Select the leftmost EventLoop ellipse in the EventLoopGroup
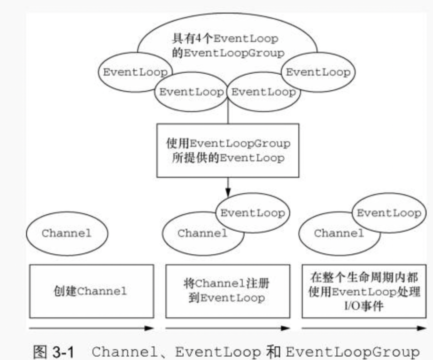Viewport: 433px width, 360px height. [x=135, y=72]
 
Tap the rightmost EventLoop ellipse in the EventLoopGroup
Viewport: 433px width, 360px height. [x=318, y=72]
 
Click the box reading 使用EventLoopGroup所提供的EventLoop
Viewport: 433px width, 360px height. [x=228, y=150]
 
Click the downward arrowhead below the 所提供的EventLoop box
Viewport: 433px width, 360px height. [x=228, y=192]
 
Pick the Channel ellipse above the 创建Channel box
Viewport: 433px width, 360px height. [x=66, y=233]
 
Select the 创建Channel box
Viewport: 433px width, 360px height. [x=91, y=291]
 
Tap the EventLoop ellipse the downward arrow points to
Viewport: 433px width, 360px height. [x=253, y=212]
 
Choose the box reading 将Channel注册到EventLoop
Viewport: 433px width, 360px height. [x=228, y=291]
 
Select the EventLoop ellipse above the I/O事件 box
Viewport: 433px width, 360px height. [x=388, y=213]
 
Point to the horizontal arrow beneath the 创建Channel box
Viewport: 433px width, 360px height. [x=91, y=329]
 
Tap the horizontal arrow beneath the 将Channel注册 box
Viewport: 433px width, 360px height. [x=228, y=329]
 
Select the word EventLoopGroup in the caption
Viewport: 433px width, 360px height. [x=352, y=351]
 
